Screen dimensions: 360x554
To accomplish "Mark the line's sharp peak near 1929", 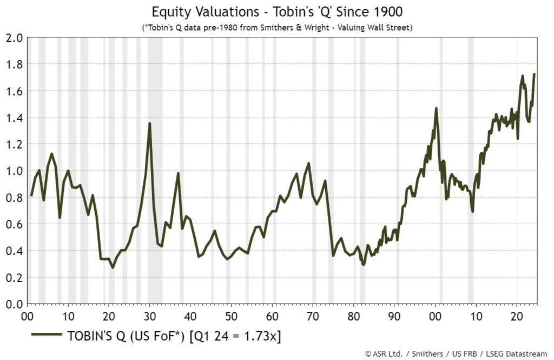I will tap(149, 123).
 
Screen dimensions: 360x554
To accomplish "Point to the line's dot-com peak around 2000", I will tap(436, 108).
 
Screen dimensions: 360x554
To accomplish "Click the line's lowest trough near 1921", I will tap(113, 267).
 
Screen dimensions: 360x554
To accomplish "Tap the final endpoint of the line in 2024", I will tap(535, 74).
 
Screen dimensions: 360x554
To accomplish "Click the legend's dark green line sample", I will tap(47, 336).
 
